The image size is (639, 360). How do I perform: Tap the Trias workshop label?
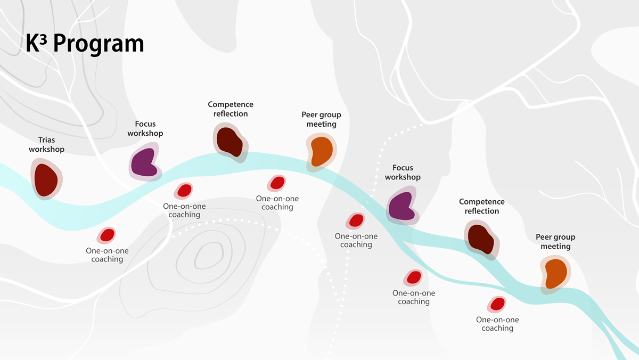click(x=46, y=145)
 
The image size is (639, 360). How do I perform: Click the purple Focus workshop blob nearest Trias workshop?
click(x=144, y=162)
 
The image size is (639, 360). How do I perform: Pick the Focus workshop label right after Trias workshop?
click(x=145, y=128)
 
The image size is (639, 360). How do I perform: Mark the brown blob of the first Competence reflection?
click(x=230, y=142)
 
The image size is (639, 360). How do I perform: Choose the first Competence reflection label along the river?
click(x=231, y=109)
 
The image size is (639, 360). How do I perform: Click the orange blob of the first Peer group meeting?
click(x=319, y=151)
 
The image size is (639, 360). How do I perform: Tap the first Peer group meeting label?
click(x=321, y=119)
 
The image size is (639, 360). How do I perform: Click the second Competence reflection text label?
click(x=482, y=207)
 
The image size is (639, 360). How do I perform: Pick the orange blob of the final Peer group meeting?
click(x=555, y=274)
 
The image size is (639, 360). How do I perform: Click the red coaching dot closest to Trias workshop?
click(x=106, y=235)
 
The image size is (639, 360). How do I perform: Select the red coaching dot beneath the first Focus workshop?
click(x=184, y=190)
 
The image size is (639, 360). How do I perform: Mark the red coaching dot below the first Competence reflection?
click(x=277, y=183)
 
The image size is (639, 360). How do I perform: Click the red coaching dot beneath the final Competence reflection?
click(x=497, y=304)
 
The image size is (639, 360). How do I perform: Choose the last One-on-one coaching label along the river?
click(x=497, y=324)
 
